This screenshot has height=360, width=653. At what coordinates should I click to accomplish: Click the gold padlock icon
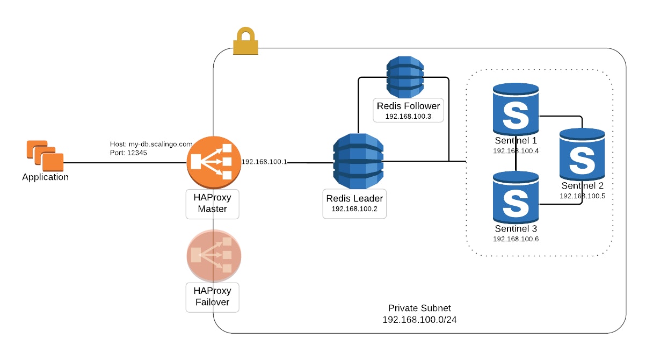point(246,41)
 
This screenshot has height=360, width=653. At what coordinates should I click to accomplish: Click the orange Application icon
point(45,155)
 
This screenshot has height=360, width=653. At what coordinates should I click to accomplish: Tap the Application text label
point(45,177)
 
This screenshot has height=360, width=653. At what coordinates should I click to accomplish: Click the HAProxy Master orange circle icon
point(213,162)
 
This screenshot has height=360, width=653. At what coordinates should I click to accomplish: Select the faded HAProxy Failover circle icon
point(213,255)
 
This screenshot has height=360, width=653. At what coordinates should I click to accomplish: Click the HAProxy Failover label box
point(212,297)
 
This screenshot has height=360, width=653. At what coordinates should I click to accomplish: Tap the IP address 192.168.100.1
point(264,161)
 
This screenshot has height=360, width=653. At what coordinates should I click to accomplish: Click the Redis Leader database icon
point(357,160)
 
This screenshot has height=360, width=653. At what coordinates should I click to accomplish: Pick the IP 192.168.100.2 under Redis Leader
point(354,208)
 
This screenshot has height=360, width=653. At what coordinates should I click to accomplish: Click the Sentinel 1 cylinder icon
point(516,111)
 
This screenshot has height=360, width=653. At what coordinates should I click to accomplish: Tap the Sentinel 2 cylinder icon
point(582,155)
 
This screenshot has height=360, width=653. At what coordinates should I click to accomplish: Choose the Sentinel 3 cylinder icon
point(516,197)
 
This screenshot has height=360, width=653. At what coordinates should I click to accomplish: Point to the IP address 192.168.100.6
point(516,239)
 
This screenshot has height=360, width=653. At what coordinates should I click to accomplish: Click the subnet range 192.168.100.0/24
point(419,320)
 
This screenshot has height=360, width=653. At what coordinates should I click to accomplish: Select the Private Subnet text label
point(419,308)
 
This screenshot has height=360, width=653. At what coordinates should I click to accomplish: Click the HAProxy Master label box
point(212,204)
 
